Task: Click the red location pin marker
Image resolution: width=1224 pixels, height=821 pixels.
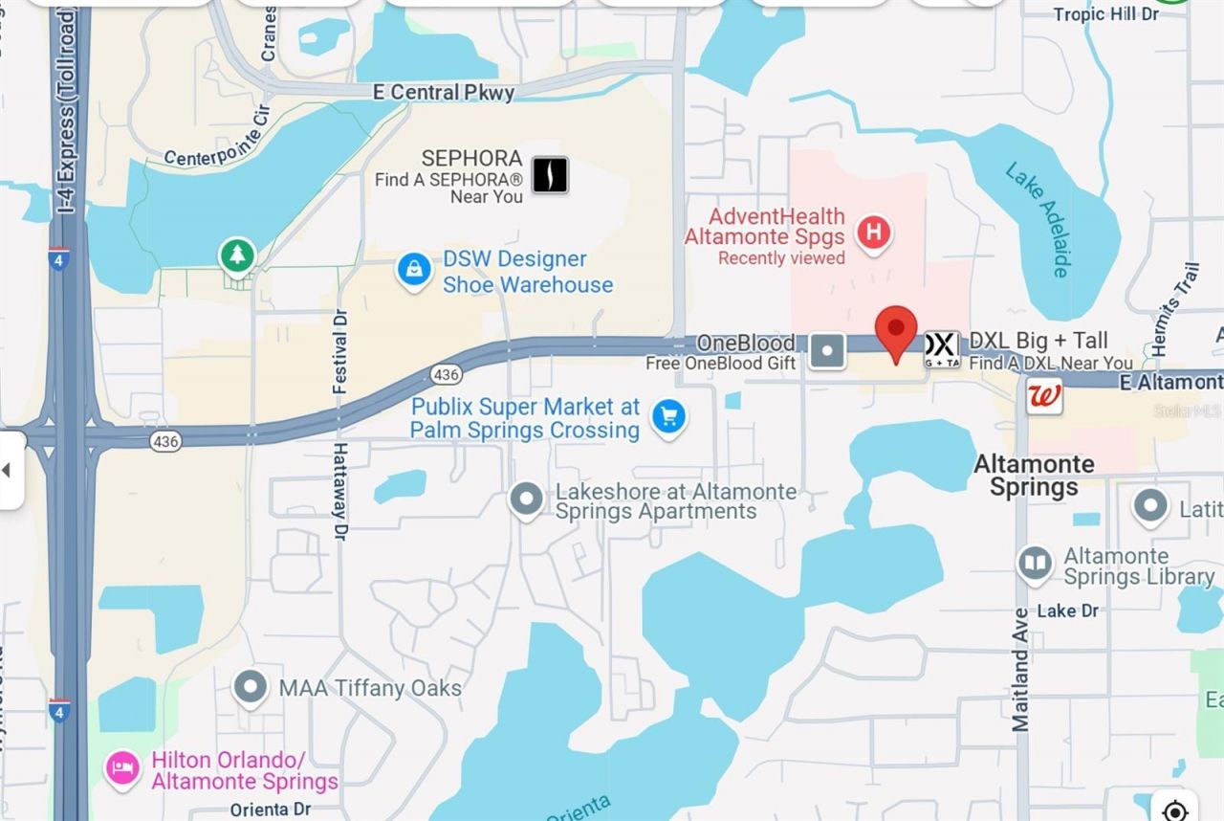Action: click(x=896, y=331)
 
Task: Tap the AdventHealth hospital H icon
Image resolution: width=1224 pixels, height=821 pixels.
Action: click(x=872, y=233)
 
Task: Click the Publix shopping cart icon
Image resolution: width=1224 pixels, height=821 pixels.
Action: click(x=668, y=417)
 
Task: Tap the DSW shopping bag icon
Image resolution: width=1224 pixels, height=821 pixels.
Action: click(x=414, y=270)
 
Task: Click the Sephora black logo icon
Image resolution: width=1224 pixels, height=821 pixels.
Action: click(x=550, y=175)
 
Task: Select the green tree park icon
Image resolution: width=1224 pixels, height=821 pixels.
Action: click(x=236, y=255)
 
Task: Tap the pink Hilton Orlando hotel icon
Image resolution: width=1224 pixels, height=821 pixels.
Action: click(x=122, y=767)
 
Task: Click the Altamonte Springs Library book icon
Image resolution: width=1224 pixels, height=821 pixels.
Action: click(x=1035, y=564)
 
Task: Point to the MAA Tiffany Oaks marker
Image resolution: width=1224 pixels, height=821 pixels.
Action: click(x=251, y=687)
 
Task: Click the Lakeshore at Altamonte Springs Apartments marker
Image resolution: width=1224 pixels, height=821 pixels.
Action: click(x=526, y=499)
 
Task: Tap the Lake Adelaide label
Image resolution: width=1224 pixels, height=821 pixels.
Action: click(x=1036, y=220)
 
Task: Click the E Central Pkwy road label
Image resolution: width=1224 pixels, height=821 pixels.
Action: click(x=444, y=93)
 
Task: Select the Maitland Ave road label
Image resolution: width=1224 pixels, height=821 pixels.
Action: click(x=1020, y=670)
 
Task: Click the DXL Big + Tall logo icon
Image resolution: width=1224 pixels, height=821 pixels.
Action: click(x=941, y=350)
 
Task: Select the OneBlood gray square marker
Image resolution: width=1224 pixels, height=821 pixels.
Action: click(x=827, y=350)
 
